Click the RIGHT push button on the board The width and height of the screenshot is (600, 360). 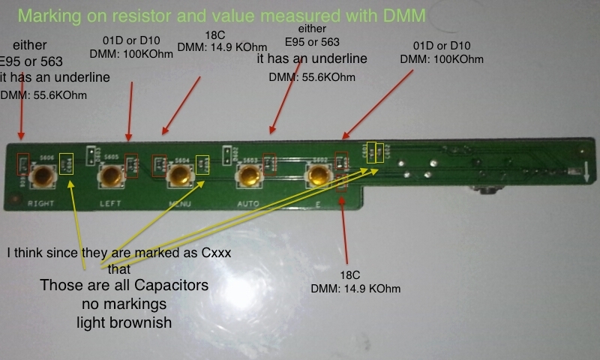[46, 177]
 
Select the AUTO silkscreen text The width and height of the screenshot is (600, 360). [247, 203]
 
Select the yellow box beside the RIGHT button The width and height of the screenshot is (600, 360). [67, 162]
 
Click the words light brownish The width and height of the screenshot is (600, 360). [123, 323]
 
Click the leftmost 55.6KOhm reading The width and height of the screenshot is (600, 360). [32, 94]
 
